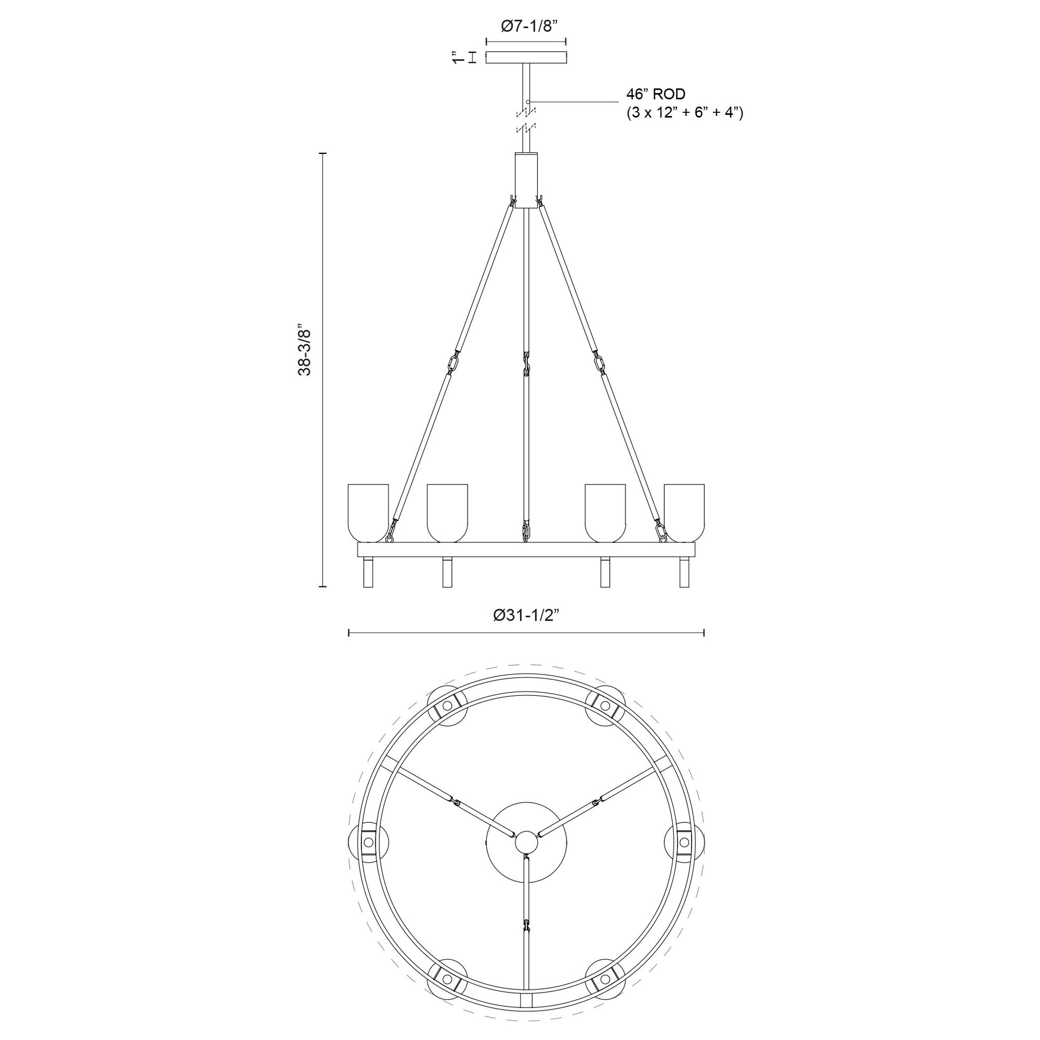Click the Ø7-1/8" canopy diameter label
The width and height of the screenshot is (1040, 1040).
526,26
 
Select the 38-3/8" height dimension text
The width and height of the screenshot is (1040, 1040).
305,350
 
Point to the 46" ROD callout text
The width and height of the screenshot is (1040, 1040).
655,94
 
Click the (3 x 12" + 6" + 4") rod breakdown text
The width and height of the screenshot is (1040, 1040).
684,114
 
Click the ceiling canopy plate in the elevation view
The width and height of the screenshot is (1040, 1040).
526,58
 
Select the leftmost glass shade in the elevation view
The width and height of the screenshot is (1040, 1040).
368,513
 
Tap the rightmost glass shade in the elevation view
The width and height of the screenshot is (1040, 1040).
684,513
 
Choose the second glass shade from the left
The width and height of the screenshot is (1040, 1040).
447,513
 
